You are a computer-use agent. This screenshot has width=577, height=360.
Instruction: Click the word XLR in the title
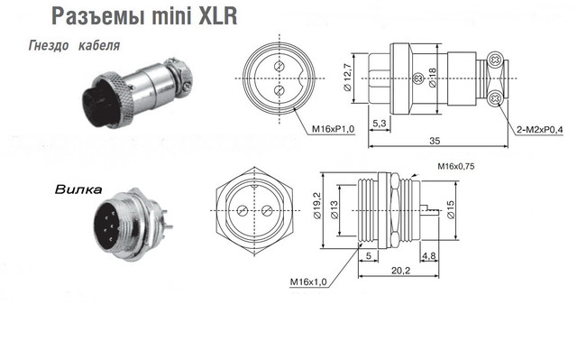(218, 16)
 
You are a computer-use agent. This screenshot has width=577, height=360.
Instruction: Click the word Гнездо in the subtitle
(49, 46)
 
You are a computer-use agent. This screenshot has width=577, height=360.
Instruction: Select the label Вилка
(78, 189)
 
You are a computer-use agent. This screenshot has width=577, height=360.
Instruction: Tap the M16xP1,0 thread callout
(334, 129)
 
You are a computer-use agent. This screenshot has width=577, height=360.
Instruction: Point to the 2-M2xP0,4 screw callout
(540, 130)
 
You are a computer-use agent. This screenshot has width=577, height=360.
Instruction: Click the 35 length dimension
(435, 141)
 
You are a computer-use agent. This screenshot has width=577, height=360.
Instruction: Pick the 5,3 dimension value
(380, 124)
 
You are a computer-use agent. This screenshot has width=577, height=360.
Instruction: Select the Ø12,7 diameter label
(348, 77)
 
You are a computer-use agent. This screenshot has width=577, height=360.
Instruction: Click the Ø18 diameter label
(432, 78)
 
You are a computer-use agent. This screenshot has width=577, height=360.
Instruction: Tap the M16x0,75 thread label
(456, 166)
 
